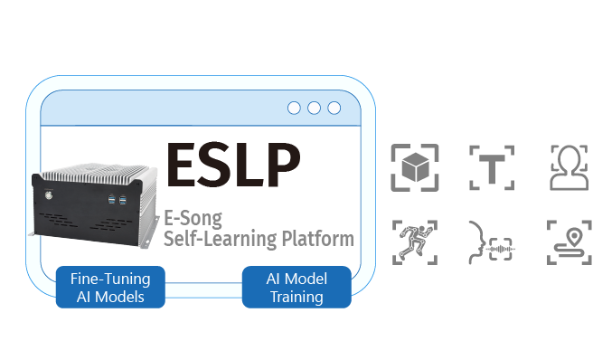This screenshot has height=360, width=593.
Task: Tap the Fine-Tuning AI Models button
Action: (x=109, y=287)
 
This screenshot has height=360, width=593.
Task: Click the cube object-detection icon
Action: (x=414, y=167)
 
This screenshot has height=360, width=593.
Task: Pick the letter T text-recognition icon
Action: (x=492, y=167)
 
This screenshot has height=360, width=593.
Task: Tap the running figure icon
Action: (x=414, y=242)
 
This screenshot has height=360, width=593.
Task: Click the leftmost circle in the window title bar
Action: (x=294, y=109)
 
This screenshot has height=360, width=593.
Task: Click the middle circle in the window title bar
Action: (x=314, y=109)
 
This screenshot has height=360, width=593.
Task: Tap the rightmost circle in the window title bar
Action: (x=334, y=109)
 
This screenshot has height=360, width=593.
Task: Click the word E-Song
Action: (x=193, y=218)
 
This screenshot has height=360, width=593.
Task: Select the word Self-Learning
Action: (x=215, y=240)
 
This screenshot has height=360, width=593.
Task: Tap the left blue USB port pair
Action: (x=110, y=197)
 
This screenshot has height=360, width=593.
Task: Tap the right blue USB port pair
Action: (x=123, y=197)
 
